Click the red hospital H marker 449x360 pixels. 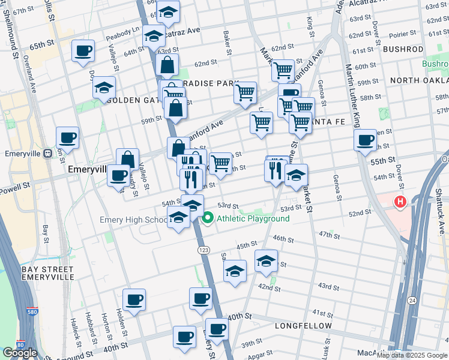[x=399, y=203]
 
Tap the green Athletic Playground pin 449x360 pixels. [x=208, y=218]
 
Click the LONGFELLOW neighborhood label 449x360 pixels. [x=303, y=326]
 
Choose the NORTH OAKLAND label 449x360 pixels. [x=418, y=80]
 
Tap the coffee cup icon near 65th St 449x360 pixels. [x=83, y=50]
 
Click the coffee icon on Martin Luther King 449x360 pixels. [x=366, y=141]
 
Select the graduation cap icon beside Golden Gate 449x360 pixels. [x=104, y=87]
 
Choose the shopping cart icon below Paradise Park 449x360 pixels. [x=245, y=93]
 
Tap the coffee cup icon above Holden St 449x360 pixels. [x=134, y=299]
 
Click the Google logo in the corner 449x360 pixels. [x=19, y=353]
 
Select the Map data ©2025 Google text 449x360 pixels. [x=411, y=355]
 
